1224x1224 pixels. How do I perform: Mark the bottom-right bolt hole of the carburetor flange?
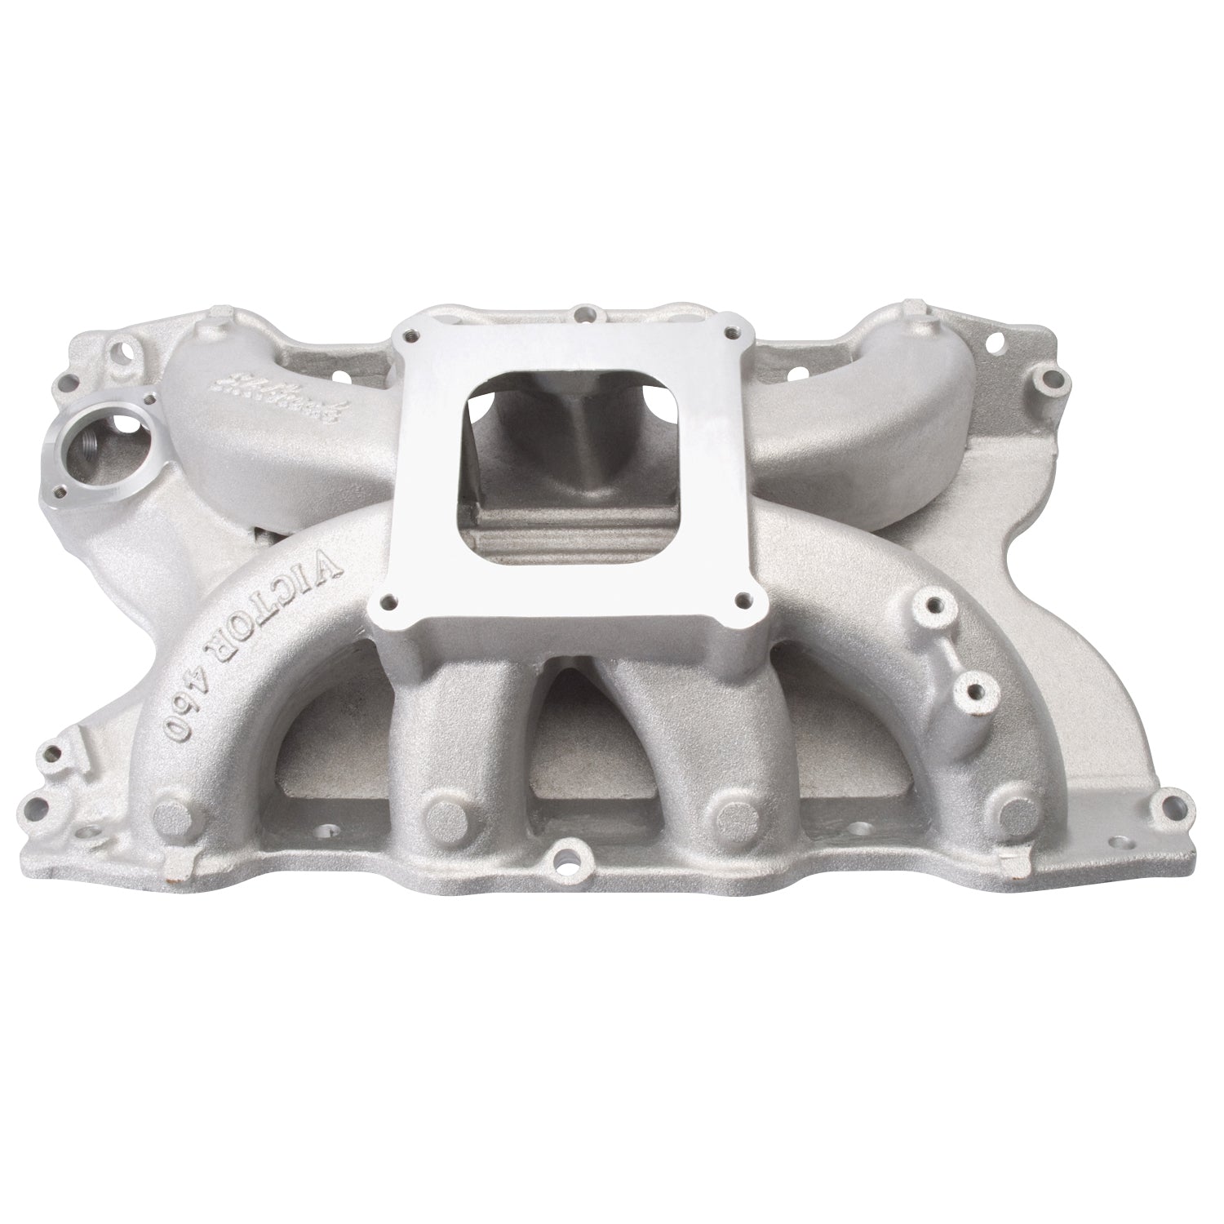743,601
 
